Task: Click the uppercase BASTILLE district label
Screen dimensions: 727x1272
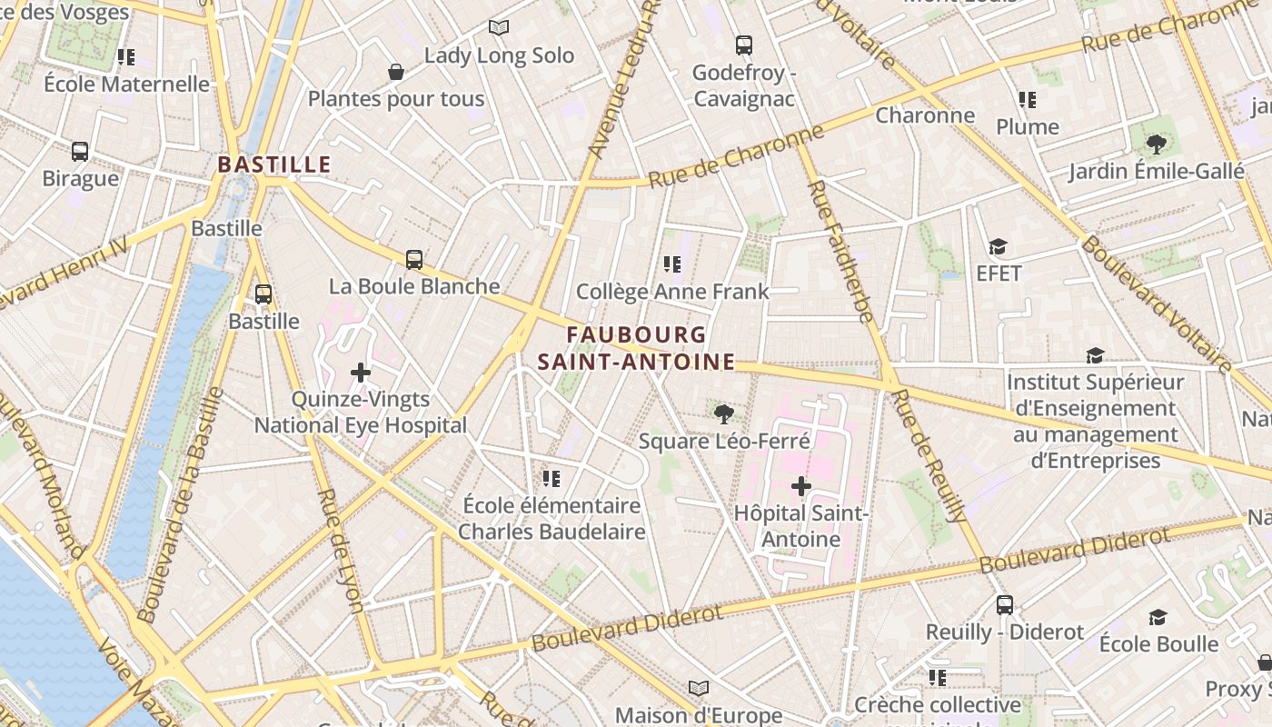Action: (273, 164)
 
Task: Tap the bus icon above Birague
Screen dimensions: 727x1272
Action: (80, 152)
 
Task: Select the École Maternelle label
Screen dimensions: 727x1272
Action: (126, 85)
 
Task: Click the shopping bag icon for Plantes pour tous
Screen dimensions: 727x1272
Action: (396, 72)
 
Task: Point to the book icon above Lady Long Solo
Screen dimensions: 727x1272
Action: (499, 28)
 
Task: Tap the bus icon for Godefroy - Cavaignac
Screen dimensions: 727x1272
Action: (743, 45)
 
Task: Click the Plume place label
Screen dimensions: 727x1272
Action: (1028, 126)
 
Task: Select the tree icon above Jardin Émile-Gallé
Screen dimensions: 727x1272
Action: (1156, 144)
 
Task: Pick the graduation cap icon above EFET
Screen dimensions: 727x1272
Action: (999, 247)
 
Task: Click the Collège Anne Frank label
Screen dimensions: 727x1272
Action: (672, 292)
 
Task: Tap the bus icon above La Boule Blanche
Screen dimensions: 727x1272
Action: (414, 260)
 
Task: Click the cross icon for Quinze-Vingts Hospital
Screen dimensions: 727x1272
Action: (361, 372)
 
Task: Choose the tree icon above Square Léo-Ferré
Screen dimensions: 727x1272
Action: (723, 414)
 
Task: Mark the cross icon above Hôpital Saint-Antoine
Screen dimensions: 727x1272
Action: (800, 486)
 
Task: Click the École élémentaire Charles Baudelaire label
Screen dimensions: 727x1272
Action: (552, 518)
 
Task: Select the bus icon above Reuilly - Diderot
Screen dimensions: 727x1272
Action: (1004, 605)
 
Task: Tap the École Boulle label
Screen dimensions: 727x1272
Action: (1158, 644)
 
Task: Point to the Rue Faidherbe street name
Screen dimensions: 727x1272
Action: (840, 252)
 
